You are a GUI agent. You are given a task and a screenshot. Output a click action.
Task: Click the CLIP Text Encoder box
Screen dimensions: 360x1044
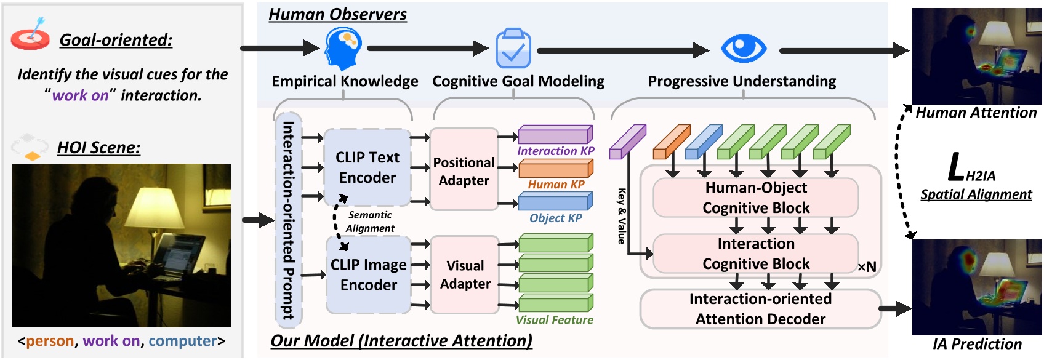click(367, 167)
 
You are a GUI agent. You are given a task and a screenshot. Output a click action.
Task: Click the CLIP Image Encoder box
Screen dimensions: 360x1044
click(368, 275)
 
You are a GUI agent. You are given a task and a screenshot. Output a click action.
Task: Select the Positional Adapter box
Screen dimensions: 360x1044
click(464, 170)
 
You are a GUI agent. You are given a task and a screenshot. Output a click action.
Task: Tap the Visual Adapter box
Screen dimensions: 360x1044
click(465, 275)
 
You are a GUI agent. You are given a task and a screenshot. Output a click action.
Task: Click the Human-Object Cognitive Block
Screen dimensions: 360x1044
click(756, 198)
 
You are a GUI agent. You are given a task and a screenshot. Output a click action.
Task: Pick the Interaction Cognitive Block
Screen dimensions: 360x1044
click(756, 254)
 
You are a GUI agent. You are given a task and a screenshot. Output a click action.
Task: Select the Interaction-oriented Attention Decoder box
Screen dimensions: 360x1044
click(760, 309)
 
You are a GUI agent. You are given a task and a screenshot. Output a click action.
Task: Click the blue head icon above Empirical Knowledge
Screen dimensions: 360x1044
click(342, 49)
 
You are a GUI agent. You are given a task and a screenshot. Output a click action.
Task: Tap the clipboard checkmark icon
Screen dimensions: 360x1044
click(513, 48)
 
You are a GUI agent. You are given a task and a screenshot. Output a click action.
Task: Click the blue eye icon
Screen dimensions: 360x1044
click(744, 48)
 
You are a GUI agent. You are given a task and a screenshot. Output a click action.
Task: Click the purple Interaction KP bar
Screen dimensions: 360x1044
click(555, 135)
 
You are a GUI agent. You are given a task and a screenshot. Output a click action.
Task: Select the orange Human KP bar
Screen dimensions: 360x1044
click(555, 169)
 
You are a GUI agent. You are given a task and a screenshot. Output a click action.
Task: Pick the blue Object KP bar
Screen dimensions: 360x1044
click(555, 202)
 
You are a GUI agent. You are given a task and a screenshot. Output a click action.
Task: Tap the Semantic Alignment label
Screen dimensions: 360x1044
click(370, 222)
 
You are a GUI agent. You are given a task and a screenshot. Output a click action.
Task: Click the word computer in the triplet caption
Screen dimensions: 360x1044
click(183, 341)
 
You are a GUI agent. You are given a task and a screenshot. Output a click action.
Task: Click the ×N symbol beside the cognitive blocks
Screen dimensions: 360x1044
click(867, 266)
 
